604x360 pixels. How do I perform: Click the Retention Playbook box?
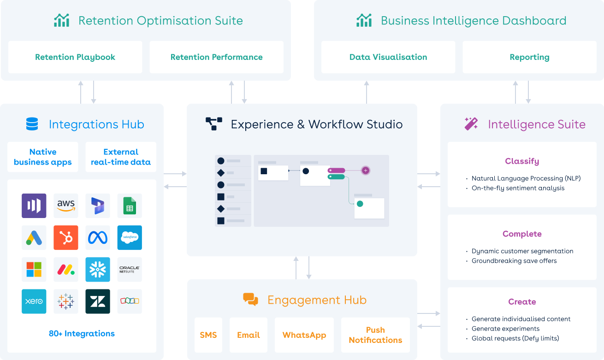[75, 57]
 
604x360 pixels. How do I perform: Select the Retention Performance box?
[216, 57]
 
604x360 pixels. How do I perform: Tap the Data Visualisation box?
[388, 57]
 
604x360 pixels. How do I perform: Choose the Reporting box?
[529, 57]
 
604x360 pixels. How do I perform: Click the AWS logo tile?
[66, 206]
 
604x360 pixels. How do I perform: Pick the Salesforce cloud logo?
[130, 237]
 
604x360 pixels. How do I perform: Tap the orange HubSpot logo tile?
[66, 237]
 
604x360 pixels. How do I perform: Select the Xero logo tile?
[34, 301]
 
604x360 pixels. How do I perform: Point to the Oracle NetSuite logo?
[130, 269]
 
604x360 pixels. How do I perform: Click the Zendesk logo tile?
[98, 301]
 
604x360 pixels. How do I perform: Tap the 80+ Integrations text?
[82, 334]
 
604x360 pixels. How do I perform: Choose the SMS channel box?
[208, 335]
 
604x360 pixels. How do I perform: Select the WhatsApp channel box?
[304, 335]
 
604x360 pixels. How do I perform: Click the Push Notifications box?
[375, 335]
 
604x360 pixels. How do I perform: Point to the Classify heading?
[522, 161]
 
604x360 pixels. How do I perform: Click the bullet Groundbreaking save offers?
[514, 261]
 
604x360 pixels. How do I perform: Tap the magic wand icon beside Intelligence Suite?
[471, 124]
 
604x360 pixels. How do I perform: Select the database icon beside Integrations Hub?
[32, 124]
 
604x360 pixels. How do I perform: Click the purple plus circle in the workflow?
[366, 171]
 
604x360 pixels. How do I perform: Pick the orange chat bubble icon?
[250, 300]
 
